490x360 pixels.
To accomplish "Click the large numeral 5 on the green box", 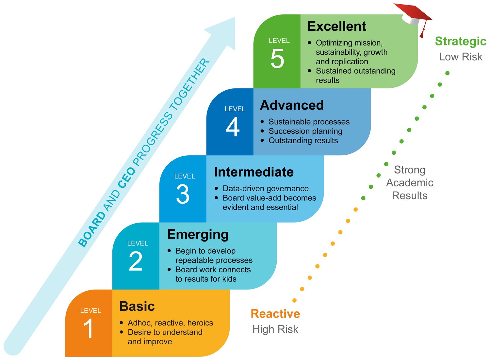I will pos(277,59).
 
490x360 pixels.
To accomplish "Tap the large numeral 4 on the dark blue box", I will pos(233,127).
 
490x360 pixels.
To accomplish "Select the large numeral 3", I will pos(183,194).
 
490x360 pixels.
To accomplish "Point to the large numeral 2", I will pos(136,261).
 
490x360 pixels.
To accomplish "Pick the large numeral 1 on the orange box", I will pos(89,328).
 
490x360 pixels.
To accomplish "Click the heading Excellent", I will pos(336,26).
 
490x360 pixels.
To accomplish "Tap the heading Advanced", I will pos(292,105).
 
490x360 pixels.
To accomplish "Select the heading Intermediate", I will pos(254,172).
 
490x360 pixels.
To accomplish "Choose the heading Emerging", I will pos(198,235).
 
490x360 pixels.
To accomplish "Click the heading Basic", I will pos(137,306).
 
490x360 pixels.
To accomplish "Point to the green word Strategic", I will pos(461,41).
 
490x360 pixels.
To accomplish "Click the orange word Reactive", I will pos(275,314).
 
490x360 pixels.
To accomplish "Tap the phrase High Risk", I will pos(275,329).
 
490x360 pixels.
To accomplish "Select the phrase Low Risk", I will pos(461,57).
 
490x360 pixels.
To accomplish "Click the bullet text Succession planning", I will pos(305,131).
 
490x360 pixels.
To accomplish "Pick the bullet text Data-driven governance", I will pos(266,189).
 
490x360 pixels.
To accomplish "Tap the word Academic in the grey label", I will pos(410,183).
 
